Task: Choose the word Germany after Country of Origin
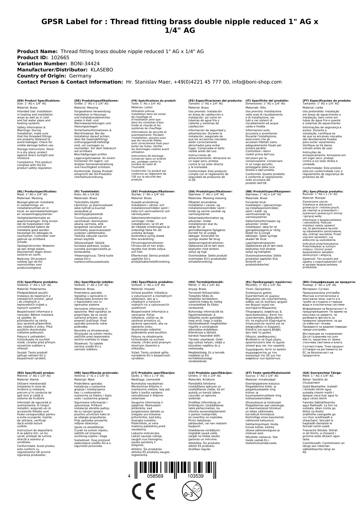pos(80,76)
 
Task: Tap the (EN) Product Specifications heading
pos(39,100)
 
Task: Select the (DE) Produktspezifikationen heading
pos(96,100)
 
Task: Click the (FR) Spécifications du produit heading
pos(154,100)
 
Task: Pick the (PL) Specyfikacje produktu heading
pos(323,192)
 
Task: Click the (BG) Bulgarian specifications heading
pos(329,282)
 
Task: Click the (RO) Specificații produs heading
pos(36,373)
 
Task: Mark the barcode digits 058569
pos(155,476)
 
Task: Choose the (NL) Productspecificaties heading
pos(37,192)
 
